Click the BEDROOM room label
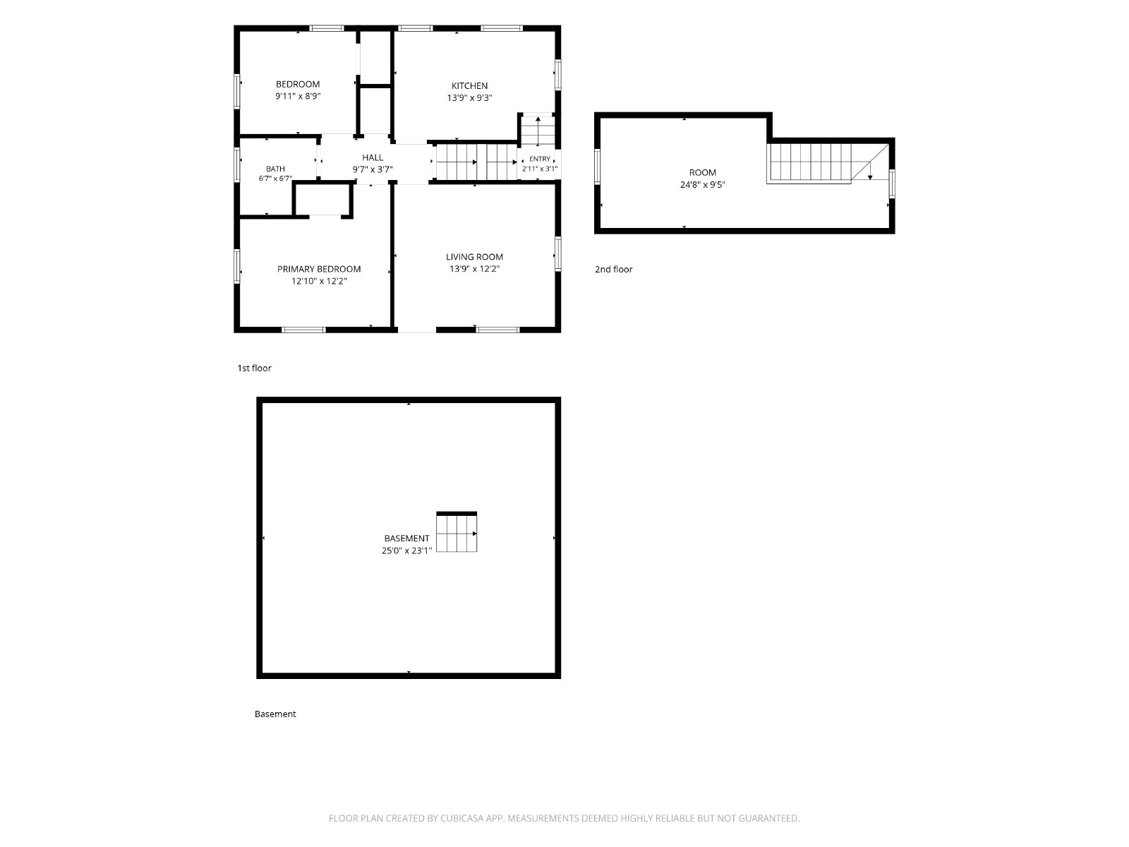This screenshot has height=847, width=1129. [x=297, y=84]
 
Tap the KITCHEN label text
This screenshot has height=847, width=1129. [x=469, y=86]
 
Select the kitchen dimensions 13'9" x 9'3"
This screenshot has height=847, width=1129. [x=469, y=97]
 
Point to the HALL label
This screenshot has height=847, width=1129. [x=373, y=158]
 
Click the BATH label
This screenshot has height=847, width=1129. [x=275, y=169]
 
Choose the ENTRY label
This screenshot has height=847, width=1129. [x=540, y=159]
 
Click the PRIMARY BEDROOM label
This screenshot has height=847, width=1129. [x=319, y=269]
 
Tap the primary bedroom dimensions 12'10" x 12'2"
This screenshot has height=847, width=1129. [x=319, y=282]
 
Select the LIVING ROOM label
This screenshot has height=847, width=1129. [x=474, y=257]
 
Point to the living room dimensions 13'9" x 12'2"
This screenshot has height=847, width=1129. [x=474, y=268]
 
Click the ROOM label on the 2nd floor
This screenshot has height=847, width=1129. [x=702, y=173]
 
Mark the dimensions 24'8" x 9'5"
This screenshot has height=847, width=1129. [x=702, y=185]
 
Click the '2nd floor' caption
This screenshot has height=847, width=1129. [x=613, y=270]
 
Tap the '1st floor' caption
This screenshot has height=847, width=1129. [x=254, y=368]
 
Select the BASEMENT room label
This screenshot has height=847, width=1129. [x=406, y=539]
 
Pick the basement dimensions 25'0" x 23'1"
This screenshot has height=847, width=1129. [x=406, y=551]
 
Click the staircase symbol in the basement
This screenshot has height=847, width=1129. [x=457, y=532]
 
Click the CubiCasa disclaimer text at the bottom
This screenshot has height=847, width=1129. [x=564, y=818]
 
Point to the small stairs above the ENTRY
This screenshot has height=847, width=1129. [x=538, y=131]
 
